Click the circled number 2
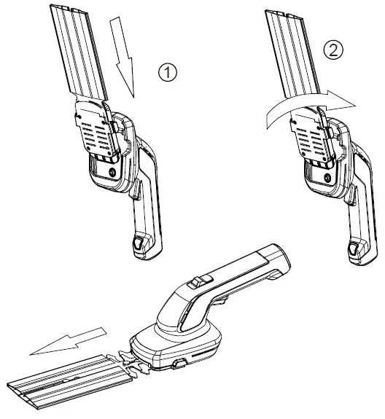click(331, 50)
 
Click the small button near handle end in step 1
click(138, 244)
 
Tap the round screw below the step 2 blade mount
click(330, 175)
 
